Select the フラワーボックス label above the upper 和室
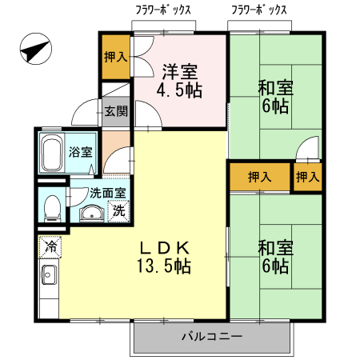point(258,10)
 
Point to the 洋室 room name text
point(178,70)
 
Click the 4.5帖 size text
point(178,90)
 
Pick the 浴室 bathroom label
point(79,152)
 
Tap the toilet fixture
point(53,206)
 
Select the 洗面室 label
point(106,193)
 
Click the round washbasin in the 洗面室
point(90,214)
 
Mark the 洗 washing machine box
point(118,212)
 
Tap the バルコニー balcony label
point(210,336)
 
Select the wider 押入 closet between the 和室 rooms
point(258,177)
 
